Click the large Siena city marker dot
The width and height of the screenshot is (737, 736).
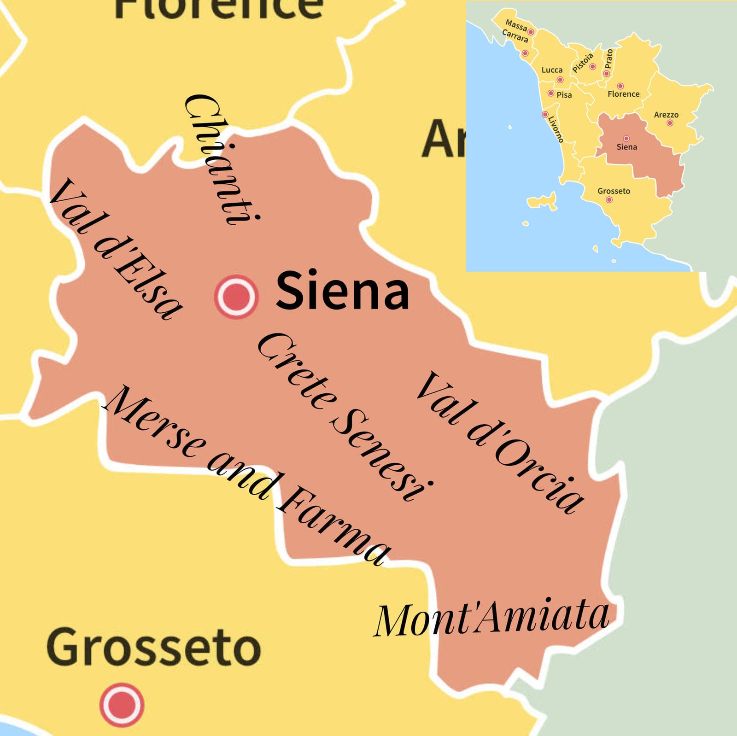point(236,296)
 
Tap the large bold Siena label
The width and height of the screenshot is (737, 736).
point(342,291)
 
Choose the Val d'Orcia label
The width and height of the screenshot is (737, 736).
point(500,442)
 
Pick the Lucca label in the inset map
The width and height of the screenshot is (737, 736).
point(552,70)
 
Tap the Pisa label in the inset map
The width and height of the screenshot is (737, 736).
point(564,95)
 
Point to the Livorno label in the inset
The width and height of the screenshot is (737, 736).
point(556,129)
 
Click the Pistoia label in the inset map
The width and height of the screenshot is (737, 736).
point(583,63)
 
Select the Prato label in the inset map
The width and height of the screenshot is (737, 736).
point(609,58)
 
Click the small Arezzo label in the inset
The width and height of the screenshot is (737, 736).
point(666,115)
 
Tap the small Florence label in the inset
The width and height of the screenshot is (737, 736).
point(623,94)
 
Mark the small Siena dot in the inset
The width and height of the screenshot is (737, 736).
point(626,138)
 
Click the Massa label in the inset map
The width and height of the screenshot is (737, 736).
point(516,24)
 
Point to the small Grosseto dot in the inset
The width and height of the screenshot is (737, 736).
point(609,200)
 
